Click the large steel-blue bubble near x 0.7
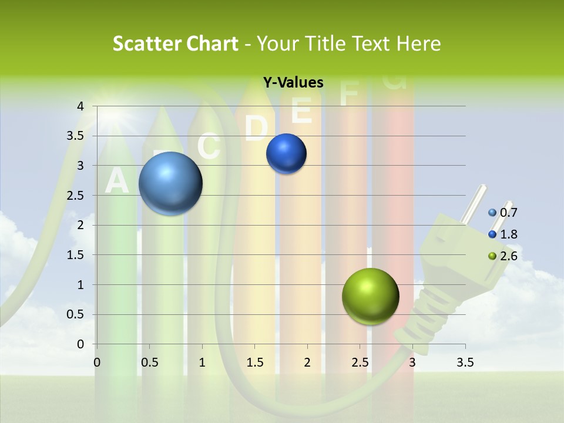171,183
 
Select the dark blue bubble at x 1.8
286,154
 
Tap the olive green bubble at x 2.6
370,296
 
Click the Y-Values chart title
293,82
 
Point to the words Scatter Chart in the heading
175,43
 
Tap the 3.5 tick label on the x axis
465,362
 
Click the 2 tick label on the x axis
307,362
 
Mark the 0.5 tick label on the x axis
150,362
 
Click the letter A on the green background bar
116,181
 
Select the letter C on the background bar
209,147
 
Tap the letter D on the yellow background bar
256,128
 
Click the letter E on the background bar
301,110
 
